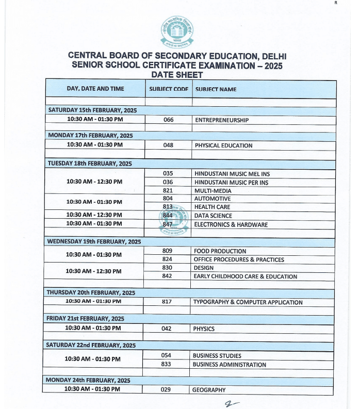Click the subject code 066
click(x=168, y=120)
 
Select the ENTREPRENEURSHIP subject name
click(x=222, y=120)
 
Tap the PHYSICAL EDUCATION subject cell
click(x=223, y=145)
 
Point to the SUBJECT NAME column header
click(x=216, y=89)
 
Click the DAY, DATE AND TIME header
click(x=95, y=89)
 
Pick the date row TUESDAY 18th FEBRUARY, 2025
click(x=90, y=163)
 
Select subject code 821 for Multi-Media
click(x=168, y=190)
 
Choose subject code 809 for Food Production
click(x=167, y=251)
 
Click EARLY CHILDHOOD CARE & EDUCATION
click(x=245, y=276)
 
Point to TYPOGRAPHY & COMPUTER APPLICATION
click(x=248, y=302)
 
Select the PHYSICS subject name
click(x=204, y=329)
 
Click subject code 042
click(x=167, y=329)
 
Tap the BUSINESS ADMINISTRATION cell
click(x=230, y=365)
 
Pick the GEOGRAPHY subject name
click(x=209, y=390)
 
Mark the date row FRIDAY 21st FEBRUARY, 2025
click(x=85, y=319)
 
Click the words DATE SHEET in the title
click(x=176, y=75)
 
